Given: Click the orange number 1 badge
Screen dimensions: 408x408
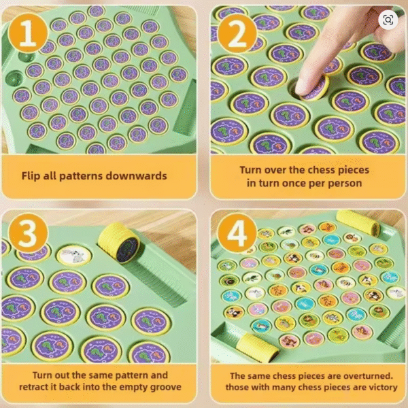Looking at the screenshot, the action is [x=28, y=33].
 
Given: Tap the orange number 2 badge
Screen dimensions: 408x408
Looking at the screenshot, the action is [x=237, y=34].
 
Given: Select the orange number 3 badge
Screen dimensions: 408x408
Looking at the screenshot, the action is [x=28, y=233].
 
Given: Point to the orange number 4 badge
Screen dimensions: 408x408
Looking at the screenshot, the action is [x=237, y=233].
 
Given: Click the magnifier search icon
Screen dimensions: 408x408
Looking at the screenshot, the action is [x=388, y=20].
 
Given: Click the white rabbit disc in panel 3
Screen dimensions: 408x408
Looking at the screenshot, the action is [x=74, y=256].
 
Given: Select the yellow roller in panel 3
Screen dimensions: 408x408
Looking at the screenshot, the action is [x=119, y=243].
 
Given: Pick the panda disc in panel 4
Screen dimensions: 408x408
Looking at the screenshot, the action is [x=235, y=312].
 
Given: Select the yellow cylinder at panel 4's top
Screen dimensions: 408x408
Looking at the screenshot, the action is [x=358, y=223].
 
